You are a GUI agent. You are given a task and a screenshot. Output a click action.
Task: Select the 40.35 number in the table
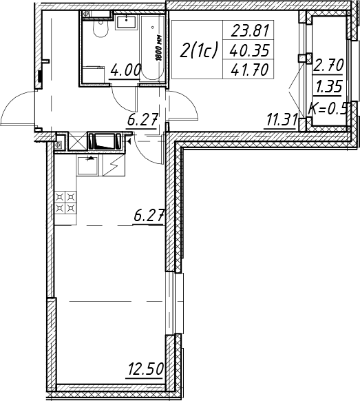249,50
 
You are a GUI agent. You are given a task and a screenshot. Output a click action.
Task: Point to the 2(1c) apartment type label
198,50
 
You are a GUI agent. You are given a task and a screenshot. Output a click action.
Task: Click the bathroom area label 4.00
125,70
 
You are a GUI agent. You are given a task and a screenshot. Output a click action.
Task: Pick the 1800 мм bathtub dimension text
159,48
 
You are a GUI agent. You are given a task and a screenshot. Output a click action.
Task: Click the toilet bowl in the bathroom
100,28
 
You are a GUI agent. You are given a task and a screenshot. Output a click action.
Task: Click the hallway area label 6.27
142,121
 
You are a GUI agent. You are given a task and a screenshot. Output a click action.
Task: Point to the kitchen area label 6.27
149,216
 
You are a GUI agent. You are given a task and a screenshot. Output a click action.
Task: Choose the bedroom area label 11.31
282,121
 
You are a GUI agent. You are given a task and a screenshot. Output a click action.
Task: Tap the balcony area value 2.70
328,65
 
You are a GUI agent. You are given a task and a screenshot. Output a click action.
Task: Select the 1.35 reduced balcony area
328,86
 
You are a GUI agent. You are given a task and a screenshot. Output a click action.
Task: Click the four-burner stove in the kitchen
65,203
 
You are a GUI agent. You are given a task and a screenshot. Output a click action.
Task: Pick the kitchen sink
87,166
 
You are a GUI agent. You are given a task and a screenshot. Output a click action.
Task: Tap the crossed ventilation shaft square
77,141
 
